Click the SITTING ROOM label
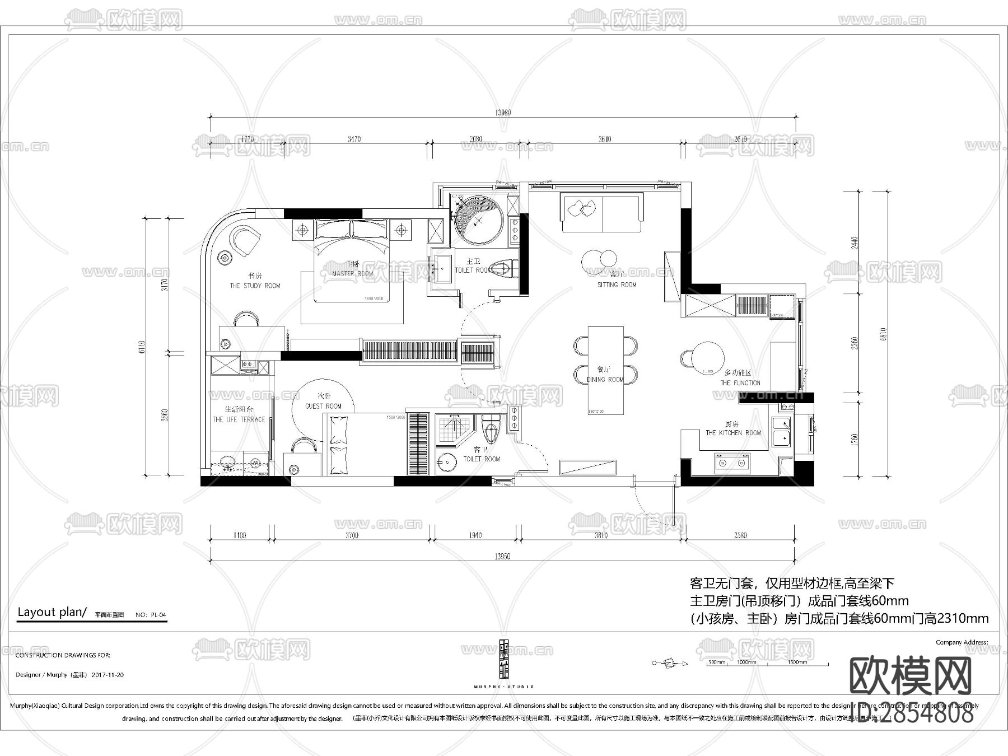617,285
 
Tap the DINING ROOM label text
605,380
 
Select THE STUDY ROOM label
255,286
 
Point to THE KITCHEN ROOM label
733,433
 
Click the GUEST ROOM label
323,407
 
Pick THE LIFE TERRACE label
239,419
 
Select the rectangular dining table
605,370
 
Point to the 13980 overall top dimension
503,113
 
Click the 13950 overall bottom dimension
502,557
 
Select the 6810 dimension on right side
884,334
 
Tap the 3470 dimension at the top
354,139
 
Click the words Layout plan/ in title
52,612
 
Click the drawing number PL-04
158,615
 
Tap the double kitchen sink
782,430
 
